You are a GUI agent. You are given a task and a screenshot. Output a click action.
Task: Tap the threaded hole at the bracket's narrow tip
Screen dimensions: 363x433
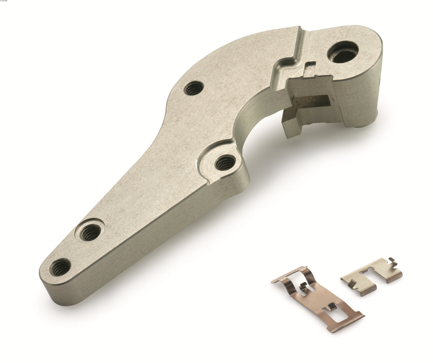(60, 267)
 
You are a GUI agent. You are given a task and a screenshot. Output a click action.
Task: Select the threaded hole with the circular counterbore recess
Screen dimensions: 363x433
(90, 232)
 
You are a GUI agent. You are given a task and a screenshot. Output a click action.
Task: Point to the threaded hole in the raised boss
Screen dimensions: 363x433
(225, 163)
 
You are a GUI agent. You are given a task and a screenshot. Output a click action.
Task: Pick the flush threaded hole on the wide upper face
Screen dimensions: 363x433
(193, 88)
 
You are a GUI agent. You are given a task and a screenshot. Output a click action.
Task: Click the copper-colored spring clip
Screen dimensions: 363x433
(318, 298)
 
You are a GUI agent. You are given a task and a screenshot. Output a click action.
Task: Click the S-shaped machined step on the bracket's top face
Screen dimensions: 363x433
(289, 61)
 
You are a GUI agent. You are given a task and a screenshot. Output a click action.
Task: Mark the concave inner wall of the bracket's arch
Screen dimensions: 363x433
(253, 115)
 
